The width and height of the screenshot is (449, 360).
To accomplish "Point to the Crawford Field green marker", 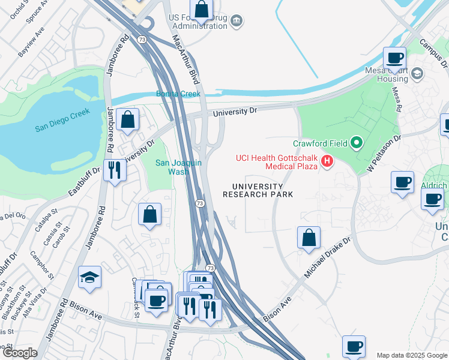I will [x=357, y=143].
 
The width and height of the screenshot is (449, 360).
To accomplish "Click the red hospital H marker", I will [x=327, y=161].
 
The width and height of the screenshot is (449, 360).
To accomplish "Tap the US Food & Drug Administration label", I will [x=198, y=22].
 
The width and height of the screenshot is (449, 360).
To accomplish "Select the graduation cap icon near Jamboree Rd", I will [x=89, y=277].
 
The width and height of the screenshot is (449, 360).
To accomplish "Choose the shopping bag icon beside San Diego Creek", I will [x=128, y=119].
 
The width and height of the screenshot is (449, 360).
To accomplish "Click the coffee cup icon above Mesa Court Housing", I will [x=394, y=58].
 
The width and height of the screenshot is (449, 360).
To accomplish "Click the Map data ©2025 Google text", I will [x=411, y=355].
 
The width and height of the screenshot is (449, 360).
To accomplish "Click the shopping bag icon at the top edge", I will [x=202, y=10].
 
